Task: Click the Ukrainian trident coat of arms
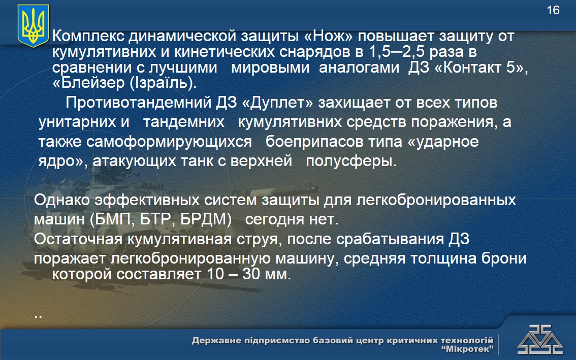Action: point(34,25)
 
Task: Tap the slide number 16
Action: point(553,10)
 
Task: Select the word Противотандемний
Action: point(139,103)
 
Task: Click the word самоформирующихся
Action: point(169,142)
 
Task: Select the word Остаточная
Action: point(78,239)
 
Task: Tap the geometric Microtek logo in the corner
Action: point(539,340)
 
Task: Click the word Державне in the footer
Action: point(216,341)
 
